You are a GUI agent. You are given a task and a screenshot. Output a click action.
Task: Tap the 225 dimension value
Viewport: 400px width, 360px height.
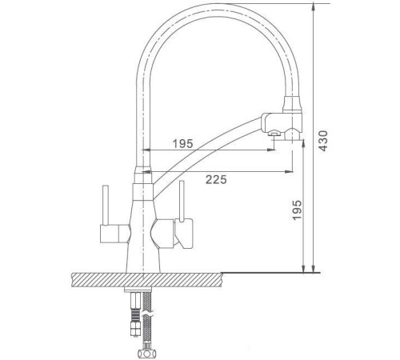pyautogui.click(x=213, y=179)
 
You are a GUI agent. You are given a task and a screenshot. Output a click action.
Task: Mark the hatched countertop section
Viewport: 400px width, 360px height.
pyautogui.click(x=144, y=279)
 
